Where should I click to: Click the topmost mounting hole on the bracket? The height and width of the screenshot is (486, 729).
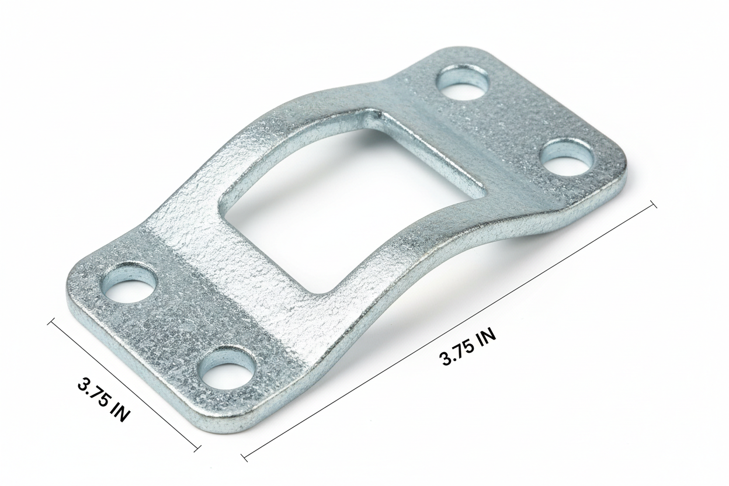point(463,82)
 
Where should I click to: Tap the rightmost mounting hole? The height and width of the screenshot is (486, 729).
point(565,157)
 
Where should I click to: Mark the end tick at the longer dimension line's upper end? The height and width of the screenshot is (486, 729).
point(652,204)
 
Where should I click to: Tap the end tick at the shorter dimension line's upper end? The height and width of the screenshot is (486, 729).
point(51,322)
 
